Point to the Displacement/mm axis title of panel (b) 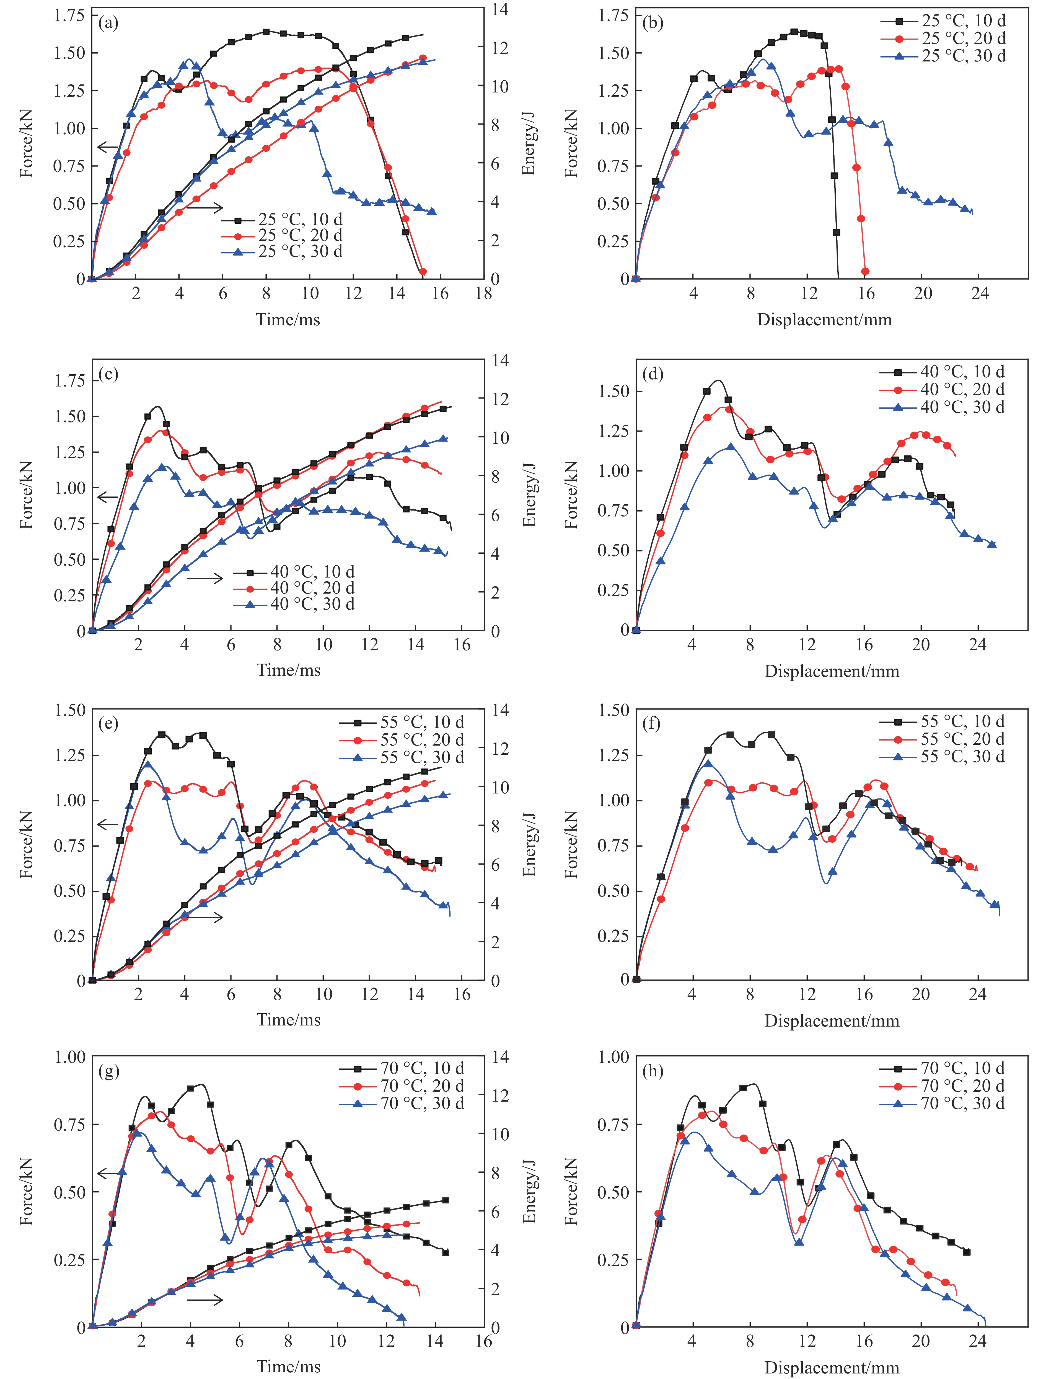pyautogui.click(x=824, y=320)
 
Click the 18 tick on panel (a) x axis pyautogui.click(x=483, y=294)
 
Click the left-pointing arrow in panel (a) pyautogui.click(x=108, y=147)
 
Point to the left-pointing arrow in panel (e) pyautogui.click(x=108, y=825)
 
